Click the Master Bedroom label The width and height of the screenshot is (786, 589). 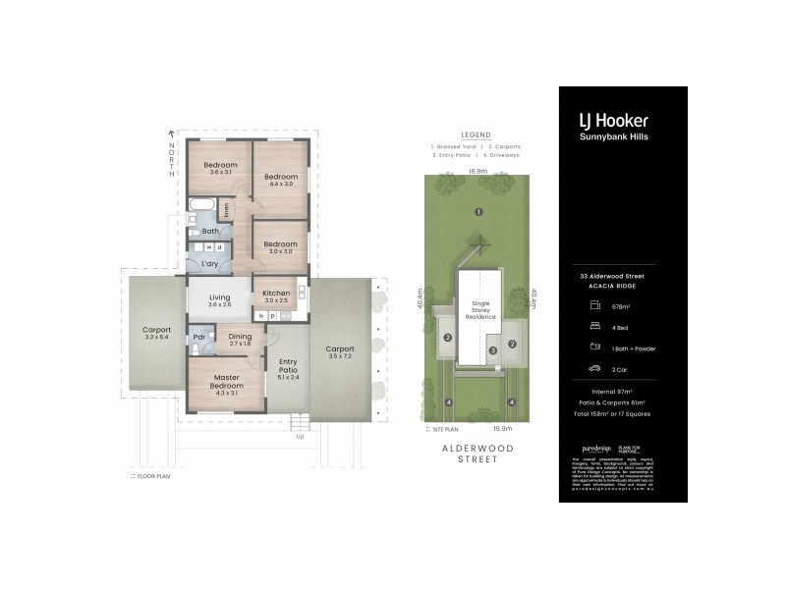(227, 382)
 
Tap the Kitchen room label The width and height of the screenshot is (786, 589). (276, 297)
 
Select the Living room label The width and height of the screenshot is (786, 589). (219, 300)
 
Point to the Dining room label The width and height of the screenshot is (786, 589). (240, 340)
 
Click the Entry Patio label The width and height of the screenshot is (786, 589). (288, 368)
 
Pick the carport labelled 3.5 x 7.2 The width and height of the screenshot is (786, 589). (340, 352)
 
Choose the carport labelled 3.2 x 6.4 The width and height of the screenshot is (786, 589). (156, 334)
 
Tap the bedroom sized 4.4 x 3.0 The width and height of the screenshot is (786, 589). (280, 182)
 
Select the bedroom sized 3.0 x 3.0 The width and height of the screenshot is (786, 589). (280, 247)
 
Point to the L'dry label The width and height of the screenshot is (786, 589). (209, 264)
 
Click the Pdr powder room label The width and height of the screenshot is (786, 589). (198, 337)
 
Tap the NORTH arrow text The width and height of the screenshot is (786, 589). (171, 157)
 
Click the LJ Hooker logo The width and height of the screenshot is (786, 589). (612, 122)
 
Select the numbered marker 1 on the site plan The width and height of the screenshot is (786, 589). (478, 212)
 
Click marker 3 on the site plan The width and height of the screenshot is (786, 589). (495, 348)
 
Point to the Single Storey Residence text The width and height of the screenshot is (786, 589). (479, 311)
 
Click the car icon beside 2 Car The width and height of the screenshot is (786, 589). (594, 368)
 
